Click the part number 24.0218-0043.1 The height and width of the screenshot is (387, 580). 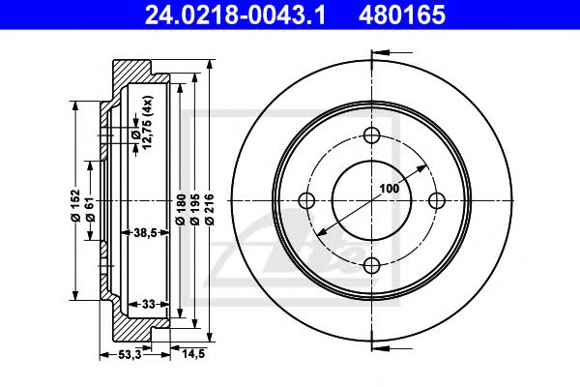point(235,15)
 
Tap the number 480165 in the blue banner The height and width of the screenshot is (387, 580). point(401,15)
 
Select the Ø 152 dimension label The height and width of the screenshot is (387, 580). point(75,205)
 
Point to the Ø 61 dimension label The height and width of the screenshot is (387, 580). point(91,209)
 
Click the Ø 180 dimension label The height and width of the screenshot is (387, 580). point(181,209)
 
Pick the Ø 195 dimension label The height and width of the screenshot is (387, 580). point(195,209)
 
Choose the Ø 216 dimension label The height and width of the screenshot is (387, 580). point(210,209)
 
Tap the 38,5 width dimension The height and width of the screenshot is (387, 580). point(145,232)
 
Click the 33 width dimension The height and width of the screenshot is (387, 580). point(148,305)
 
